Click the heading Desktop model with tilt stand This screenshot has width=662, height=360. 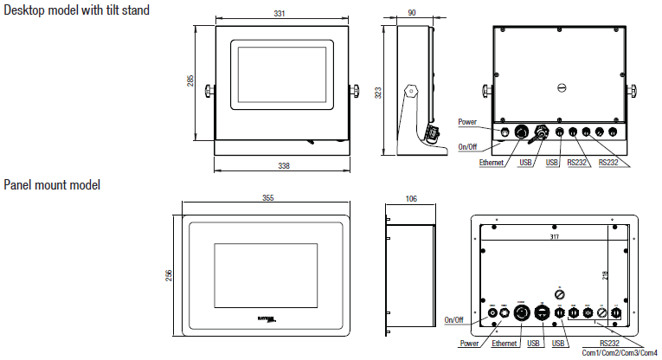(77, 10)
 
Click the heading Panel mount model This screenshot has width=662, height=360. (52, 185)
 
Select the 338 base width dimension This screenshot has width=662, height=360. (284, 165)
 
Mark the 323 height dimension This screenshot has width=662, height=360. (378, 92)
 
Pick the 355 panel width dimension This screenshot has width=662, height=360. (267, 198)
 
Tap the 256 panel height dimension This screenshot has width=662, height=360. (170, 275)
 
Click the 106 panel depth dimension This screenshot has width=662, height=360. (410, 198)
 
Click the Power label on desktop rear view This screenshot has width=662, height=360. (467, 122)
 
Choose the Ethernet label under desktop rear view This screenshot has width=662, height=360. (492, 162)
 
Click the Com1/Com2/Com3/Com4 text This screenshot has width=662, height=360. (619, 353)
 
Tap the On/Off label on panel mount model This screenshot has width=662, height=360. (454, 320)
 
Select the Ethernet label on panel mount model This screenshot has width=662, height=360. (504, 344)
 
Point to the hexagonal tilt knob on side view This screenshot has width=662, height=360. (411, 90)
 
